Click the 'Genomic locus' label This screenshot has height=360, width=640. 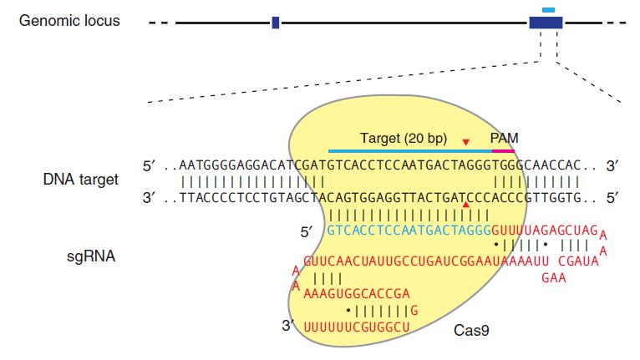pyautogui.click(x=70, y=20)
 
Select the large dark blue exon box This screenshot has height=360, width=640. pyautogui.click(x=546, y=23)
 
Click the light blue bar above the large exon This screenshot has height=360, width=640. pyautogui.click(x=548, y=10)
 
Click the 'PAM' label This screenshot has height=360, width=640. pyautogui.click(x=505, y=137)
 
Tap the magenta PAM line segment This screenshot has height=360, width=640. pyautogui.click(x=505, y=151)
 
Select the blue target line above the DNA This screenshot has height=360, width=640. pyautogui.click(x=410, y=151)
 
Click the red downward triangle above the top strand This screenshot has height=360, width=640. pyautogui.click(x=466, y=142)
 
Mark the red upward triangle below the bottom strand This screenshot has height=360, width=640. pyautogui.click(x=466, y=205)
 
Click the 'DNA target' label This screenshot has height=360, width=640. pyautogui.click(x=81, y=180)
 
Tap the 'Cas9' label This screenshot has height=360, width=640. pyautogui.click(x=471, y=330)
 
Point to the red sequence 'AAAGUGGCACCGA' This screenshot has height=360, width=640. pyautogui.click(x=358, y=293)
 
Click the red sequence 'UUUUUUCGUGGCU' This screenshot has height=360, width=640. pyautogui.click(x=358, y=325)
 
